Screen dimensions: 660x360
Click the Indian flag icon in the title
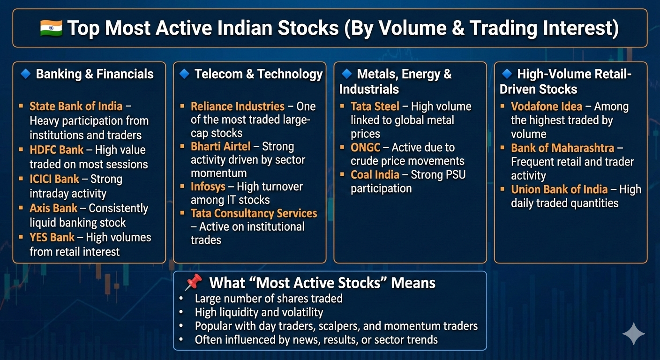tap(51, 28)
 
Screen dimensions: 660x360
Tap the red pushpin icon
tap(194, 282)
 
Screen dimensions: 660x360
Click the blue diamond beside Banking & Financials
tap(26, 74)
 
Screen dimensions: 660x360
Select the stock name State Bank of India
tap(76, 106)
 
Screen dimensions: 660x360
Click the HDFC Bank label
tap(57, 150)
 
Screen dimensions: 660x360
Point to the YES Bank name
tap(52, 237)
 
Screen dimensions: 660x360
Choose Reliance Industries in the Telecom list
tap(238, 106)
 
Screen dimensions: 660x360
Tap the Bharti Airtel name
tap(220, 146)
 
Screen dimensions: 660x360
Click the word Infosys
tap(208, 187)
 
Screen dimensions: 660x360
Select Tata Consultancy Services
tap(254, 213)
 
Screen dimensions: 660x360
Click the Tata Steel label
tap(375, 106)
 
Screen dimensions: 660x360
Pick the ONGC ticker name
tap(365, 147)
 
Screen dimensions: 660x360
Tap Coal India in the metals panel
tap(375, 174)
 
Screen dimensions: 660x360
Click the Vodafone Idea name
tap(547, 106)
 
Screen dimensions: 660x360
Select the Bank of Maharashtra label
tap(562, 148)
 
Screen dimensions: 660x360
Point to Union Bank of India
tap(559, 189)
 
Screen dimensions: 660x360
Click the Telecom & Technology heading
tap(258, 74)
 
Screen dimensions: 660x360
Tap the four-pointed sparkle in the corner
tap(633, 334)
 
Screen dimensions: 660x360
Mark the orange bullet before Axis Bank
tap(21, 208)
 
